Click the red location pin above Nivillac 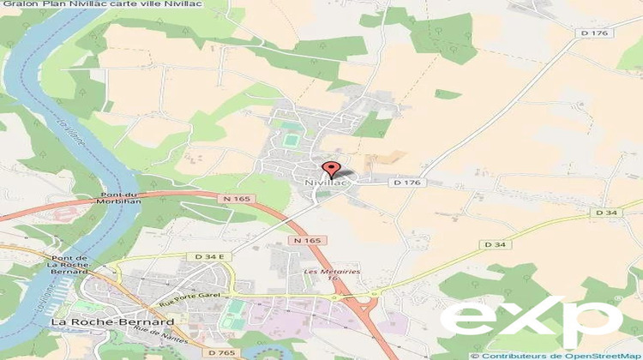[x=330, y=168]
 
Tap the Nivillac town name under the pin [x=324, y=183]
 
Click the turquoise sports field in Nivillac [x=291, y=138]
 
